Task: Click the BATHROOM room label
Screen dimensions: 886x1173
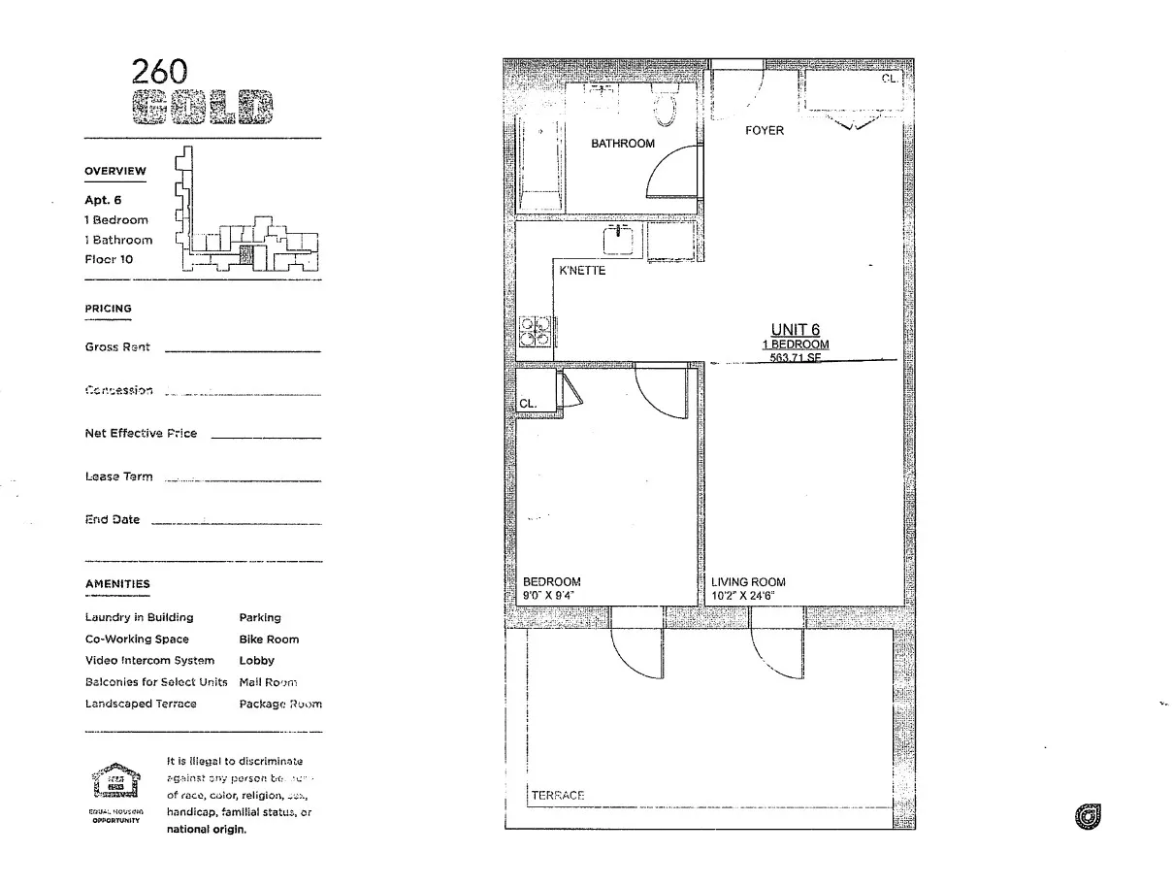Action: pyautogui.click(x=623, y=144)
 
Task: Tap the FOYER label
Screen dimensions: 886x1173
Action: pyautogui.click(x=765, y=131)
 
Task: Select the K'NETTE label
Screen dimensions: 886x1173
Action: pyautogui.click(x=582, y=271)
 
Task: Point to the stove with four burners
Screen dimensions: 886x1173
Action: pyautogui.click(x=535, y=331)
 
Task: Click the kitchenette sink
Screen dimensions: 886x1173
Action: pyautogui.click(x=618, y=239)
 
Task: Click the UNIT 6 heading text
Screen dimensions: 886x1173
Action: pyautogui.click(x=796, y=330)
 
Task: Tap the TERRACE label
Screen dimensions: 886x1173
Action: pyautogui.click(x=558, y=796)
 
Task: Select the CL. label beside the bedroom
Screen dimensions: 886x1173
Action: pyautogui.click(x=528, y=403)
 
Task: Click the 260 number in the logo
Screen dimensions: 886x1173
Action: pyautogui.click(x=160, y=71)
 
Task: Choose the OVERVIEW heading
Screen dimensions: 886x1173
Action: pyautogui.click(x=115, y=171)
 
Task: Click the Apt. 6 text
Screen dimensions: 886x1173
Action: pyautogui.click(x=103, y=200)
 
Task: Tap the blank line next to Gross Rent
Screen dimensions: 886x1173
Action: pyautogui.click(x=243, y=350)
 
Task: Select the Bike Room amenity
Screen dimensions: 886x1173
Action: pyautogui.click(x=269, y=640)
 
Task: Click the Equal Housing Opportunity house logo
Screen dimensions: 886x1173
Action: pyautogui.click(x=115, y=783)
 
